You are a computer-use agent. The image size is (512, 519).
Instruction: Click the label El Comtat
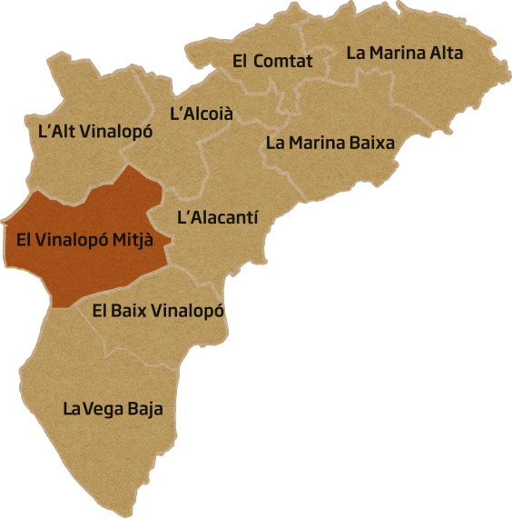coord(272,61)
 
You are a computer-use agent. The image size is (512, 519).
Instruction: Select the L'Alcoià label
coord(202,115)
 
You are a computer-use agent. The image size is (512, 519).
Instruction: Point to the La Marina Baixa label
coord(330,143)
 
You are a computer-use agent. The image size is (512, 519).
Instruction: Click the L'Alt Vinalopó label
coord(95,131)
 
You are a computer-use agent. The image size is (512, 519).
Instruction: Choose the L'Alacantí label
coord(217,217)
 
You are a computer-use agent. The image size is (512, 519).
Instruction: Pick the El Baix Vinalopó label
coord(159,311)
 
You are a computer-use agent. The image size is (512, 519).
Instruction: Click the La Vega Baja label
coord(113,409)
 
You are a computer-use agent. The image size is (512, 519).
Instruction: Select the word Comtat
coord(283,61)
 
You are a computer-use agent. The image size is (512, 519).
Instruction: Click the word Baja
coord(145,409)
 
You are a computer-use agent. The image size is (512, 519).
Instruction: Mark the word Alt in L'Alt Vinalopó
coord(64,131)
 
